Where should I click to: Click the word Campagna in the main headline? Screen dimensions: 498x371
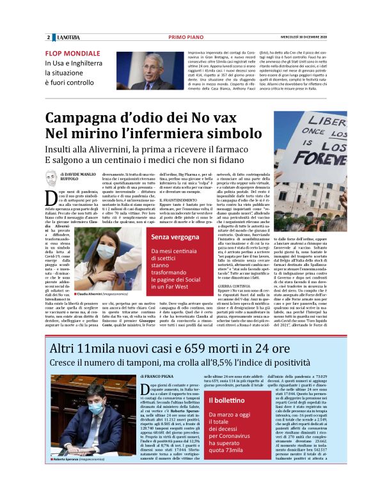[83, 119]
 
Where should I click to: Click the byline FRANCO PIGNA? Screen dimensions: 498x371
[159, 377]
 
